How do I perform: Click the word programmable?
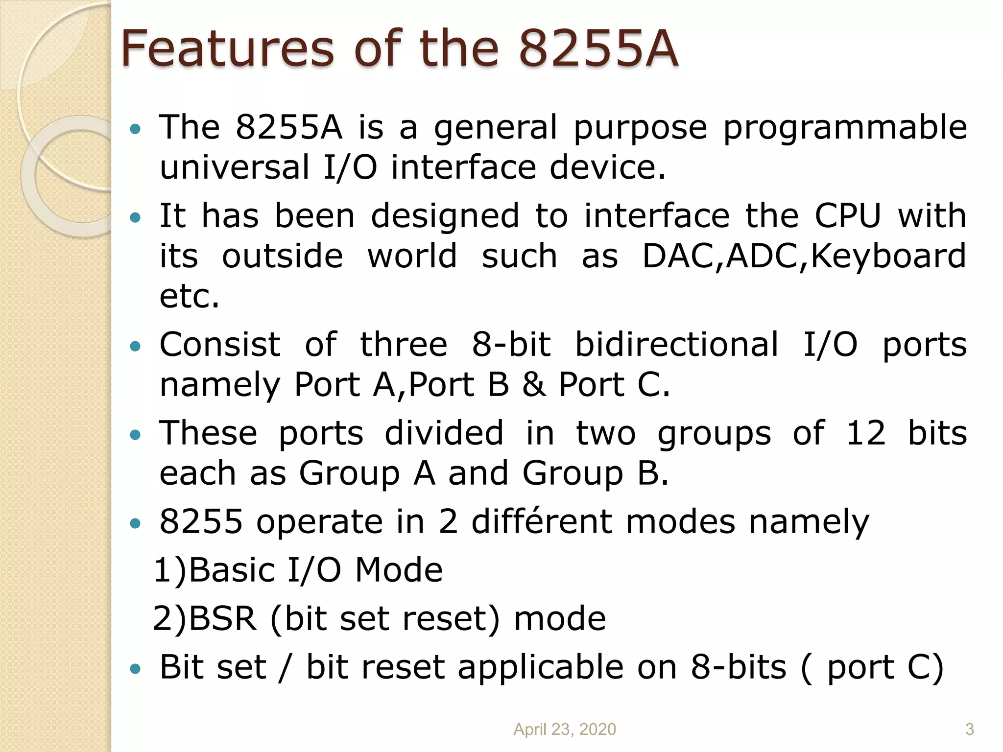(845, 128)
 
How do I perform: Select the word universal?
(235, 167)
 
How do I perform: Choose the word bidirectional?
(676, 344)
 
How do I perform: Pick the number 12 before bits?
(866, 433)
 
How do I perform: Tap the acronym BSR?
(223, 618)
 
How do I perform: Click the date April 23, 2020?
(564, 729)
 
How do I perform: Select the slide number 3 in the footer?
(969, 729)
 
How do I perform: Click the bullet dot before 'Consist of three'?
(135, 347)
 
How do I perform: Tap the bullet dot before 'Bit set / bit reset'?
(135, 668)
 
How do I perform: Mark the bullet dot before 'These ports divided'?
(135, 435)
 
